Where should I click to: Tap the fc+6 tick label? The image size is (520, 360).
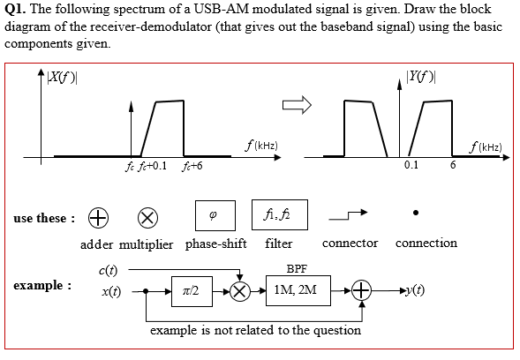[x=192, y=168]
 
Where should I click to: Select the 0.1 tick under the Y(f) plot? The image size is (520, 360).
[x=411, y=166]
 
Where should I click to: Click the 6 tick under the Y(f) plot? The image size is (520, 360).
[x=452, y=166]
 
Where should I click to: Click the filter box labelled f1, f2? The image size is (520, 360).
[x=273, y=214]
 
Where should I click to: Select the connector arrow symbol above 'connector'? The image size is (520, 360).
[x=348, y=214]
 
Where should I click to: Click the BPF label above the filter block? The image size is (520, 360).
[x=298, y=268]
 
